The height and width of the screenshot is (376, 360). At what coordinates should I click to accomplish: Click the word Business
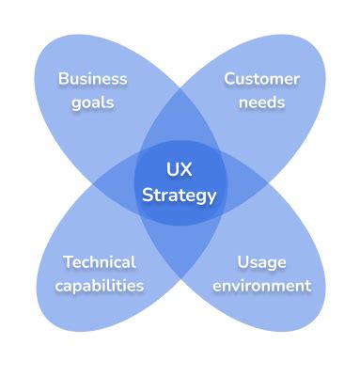92,78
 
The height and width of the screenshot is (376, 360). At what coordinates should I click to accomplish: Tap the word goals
92,102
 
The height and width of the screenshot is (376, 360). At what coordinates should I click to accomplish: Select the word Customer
261,78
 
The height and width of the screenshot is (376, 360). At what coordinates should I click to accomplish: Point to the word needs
261,102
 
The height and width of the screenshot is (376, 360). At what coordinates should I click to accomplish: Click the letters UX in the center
179,170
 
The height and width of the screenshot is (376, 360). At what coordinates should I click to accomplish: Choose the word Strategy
179,196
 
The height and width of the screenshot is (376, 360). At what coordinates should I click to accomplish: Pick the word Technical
99,261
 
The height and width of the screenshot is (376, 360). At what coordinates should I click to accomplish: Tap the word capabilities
99,285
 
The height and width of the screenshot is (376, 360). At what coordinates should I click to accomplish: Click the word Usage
260,261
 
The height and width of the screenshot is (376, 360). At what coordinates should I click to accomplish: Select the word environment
260,285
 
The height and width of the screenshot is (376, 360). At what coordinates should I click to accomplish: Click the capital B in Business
63,78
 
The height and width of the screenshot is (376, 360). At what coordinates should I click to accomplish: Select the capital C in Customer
229,78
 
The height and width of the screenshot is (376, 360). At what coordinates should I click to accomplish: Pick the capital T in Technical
67,261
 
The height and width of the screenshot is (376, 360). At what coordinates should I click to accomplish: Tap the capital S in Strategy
146,196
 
